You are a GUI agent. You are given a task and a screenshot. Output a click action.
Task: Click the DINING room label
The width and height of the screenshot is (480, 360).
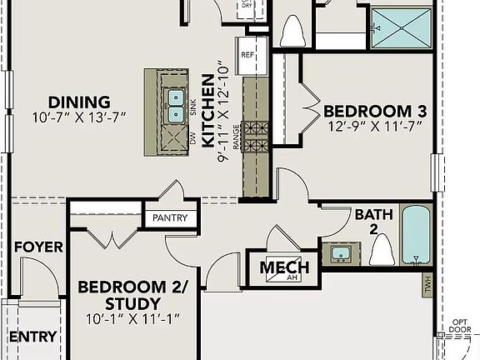(x=79, y=102)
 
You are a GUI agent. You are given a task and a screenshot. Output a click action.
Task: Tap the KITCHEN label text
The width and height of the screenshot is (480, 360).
(x=208, y=117)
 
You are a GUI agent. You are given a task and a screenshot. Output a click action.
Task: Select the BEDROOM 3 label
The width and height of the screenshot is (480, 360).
(x=368, y=111)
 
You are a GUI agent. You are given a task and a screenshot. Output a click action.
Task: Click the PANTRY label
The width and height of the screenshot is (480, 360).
(x=170, y=218)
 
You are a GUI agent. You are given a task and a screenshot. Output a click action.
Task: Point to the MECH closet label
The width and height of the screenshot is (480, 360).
(x=284, y=267)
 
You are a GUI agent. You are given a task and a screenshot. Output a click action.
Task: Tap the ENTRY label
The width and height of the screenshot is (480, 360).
(x=32, y=337)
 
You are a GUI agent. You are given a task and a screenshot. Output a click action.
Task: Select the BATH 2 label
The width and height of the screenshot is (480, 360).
(x=373, y=222)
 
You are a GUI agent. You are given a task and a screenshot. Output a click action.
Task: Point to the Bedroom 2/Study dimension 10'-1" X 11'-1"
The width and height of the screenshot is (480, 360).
(x=133, y=318)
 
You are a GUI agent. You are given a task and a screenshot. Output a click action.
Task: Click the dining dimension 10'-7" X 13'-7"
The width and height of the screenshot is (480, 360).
(x=79, y=117)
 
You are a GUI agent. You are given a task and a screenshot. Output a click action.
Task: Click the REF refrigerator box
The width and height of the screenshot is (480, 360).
(x=247, y=53)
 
